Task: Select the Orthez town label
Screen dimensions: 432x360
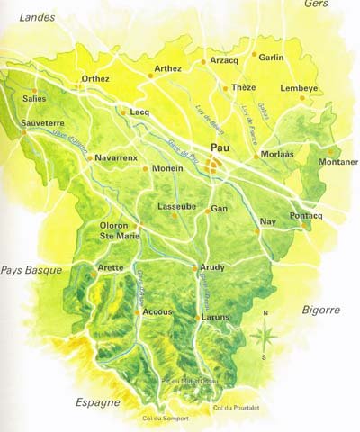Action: pos(95,79)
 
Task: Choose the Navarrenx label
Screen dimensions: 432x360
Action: pos(115,157)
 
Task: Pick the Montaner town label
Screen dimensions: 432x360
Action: pos(338,162)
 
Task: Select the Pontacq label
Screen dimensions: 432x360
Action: pos(306,217)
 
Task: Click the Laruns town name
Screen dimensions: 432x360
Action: pos(217,317)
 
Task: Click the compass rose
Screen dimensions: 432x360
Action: pos(265,335)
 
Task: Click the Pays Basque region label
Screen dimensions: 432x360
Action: pos(31,269)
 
